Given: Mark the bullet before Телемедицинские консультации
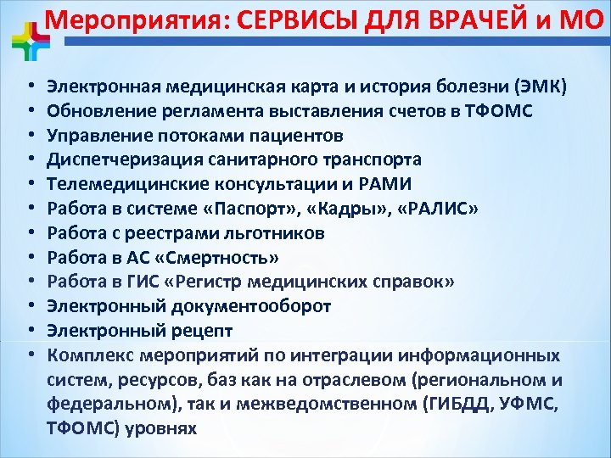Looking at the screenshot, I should click(x=29, y=184).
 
